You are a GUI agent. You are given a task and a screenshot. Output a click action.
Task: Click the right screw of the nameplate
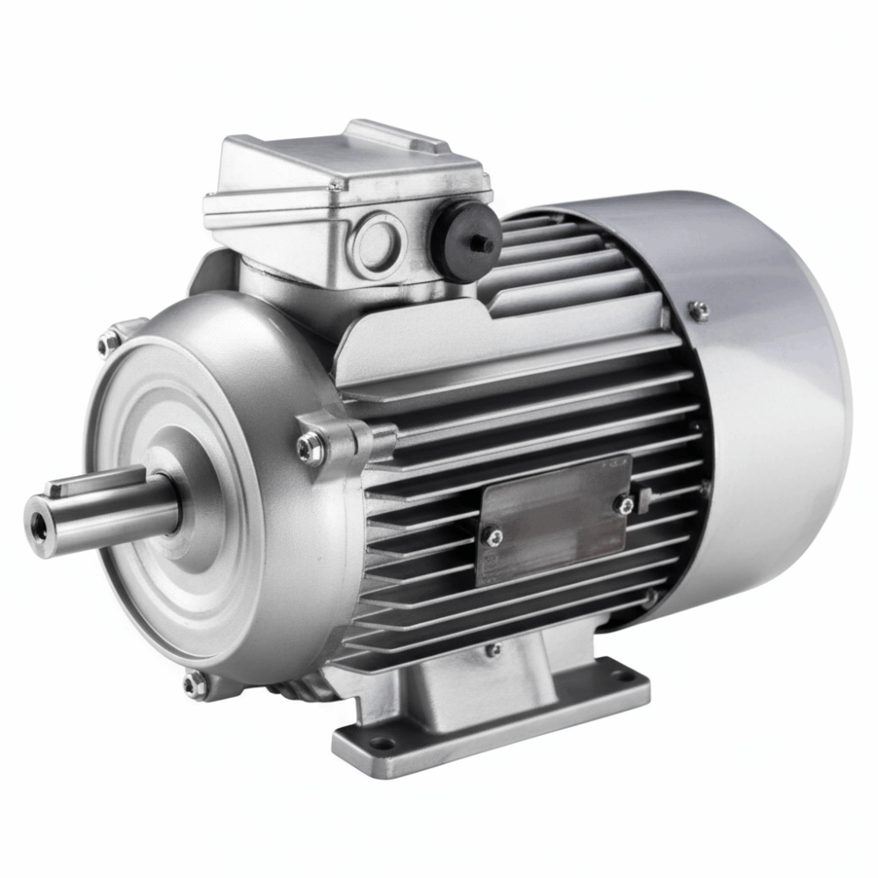click(624, 503)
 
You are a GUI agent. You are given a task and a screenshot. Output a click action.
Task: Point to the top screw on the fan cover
click(699, 308)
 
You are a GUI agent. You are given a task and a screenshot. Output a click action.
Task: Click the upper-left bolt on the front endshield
click(107, 343)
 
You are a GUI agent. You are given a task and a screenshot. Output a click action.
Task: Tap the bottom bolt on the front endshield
click(195, 683)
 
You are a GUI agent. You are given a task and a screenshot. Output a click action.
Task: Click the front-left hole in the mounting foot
click(381, 743)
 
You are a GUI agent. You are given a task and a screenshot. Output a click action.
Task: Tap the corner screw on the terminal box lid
click(335, 186)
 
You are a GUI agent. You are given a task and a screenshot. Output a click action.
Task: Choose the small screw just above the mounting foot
click(493, 651)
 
